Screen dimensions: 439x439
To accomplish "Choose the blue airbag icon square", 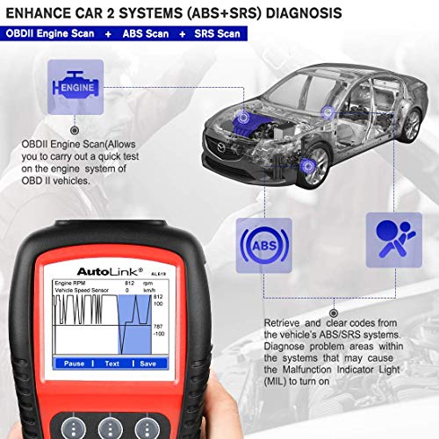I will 390,239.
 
